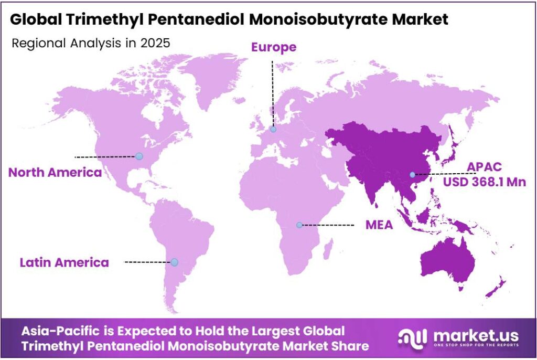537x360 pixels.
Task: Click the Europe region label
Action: pos(273,47)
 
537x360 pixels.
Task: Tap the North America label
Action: pos(55,172)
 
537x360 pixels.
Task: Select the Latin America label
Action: pos(65,262)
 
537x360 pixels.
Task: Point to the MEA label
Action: pos(379,225)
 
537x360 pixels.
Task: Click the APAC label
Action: pos(485,167)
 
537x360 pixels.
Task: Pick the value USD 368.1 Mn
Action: pos(485,182)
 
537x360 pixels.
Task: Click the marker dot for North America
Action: pos(139,156)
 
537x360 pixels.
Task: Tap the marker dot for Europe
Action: pos(273,129)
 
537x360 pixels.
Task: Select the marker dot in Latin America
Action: pos(174,262)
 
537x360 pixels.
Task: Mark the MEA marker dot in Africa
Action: pos(299,225)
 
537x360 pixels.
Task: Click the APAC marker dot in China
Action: pos(413,174)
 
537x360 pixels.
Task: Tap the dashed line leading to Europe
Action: pos(272,92)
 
